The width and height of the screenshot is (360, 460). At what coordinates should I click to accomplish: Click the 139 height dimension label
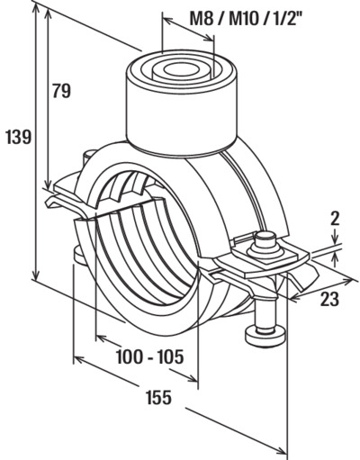[x=19, y=137]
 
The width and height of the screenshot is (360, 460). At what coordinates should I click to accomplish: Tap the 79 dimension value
[x=61, y=91]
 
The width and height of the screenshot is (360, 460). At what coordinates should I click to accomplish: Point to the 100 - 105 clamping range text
[x=149, y=356]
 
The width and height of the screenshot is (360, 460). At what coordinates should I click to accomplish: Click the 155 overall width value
[x=159, y=397]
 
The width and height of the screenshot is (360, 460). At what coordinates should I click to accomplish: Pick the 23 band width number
[x=329, y=299]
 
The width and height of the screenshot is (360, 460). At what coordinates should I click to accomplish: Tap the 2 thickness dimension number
[x=335, y=219]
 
